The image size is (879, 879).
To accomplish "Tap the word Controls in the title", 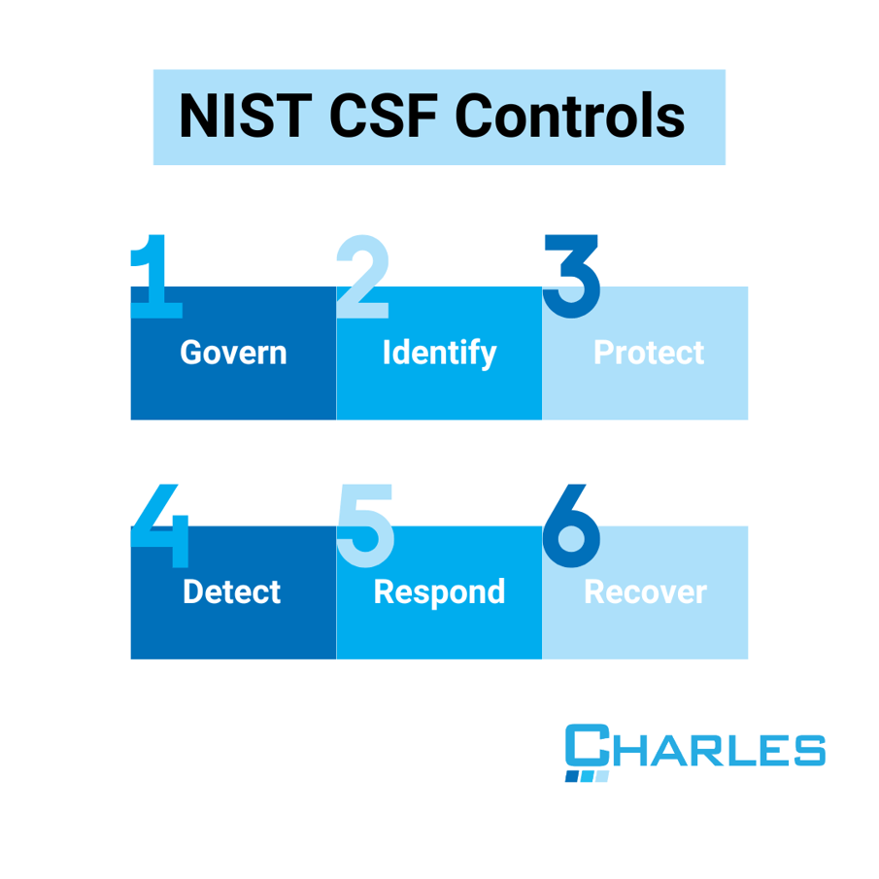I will tap(570, 118).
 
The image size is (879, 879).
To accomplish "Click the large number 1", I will tap(155, 277).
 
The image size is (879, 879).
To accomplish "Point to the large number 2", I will tap(363, 278).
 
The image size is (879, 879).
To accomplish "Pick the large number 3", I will tap(572, 277).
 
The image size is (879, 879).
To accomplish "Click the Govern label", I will tap(233, 353).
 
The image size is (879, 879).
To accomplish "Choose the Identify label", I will tap(439, 353).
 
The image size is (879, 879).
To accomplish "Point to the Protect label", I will tap(648, 353).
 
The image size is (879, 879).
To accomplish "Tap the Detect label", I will tap(231, 592).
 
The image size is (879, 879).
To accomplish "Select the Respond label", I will tap(439, 592).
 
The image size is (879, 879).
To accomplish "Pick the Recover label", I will tap(645, 592).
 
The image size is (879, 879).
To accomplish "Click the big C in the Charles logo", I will tap(587, 748).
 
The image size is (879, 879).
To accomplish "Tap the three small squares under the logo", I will tap(587, 776).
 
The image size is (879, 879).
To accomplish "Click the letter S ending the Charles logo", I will tap(809, 750).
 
